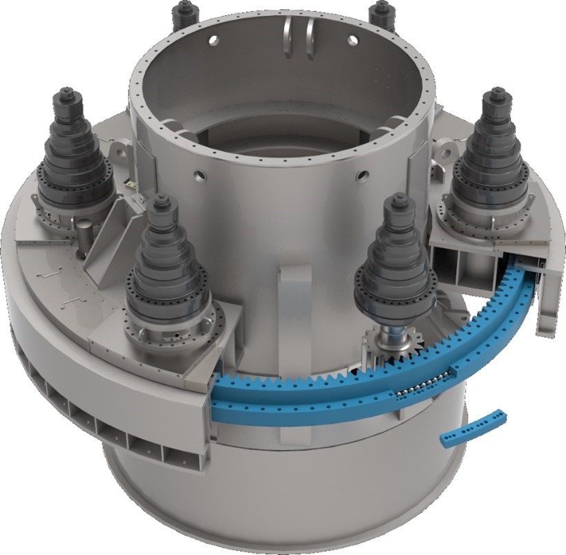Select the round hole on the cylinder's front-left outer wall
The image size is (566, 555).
[x=201, y=173]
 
